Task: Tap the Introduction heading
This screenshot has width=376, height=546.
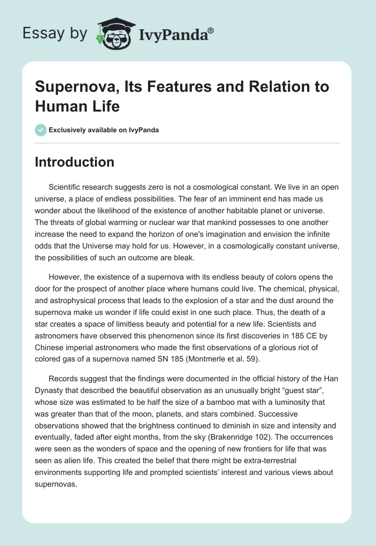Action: click(x=75, y=162)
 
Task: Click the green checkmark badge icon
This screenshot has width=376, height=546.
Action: click(x=40, y=130)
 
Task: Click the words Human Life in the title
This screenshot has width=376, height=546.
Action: click(x=78, y=106)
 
